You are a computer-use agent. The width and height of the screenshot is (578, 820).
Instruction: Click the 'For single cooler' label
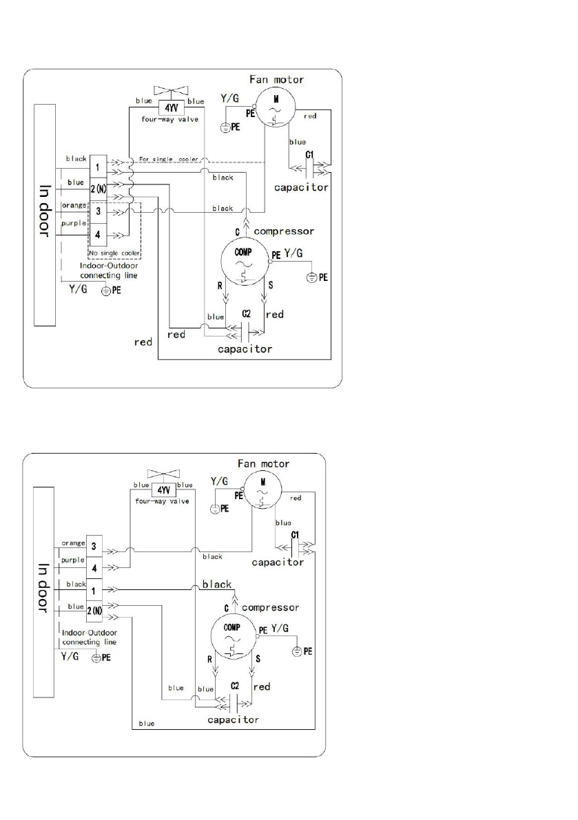coord(169,159)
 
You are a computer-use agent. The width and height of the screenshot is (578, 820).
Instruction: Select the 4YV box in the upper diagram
coord(169,107)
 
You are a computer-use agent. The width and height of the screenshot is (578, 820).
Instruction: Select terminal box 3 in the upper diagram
coord(99,210)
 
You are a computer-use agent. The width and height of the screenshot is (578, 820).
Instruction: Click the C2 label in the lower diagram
coord(236,686)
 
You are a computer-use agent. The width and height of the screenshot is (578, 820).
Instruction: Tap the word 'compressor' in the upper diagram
coord(284,231)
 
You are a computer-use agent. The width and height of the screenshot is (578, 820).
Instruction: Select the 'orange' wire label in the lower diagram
coord(73,543)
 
